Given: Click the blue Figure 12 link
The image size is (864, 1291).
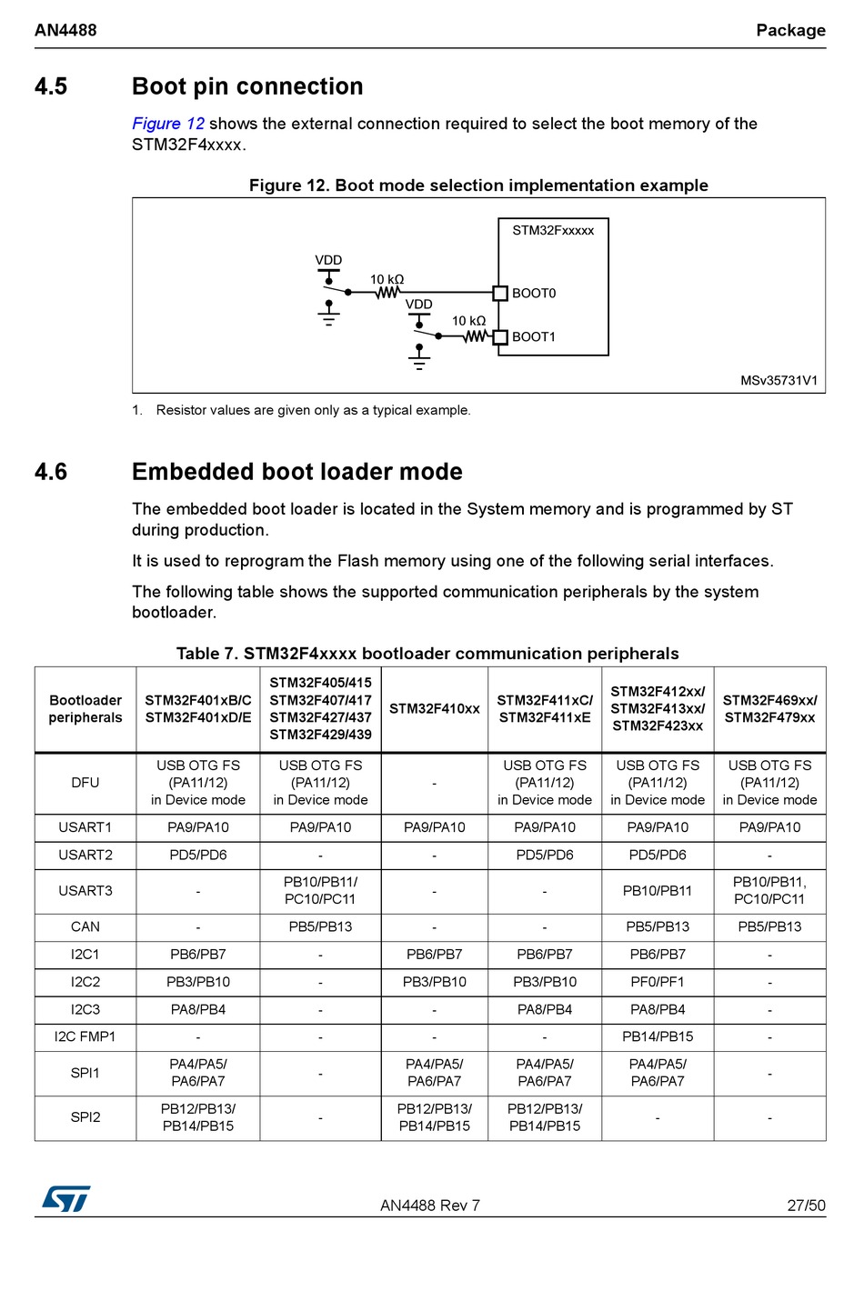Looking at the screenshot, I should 168,124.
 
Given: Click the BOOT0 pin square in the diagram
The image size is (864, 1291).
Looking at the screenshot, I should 499,293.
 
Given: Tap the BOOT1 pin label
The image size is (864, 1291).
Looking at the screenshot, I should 534,337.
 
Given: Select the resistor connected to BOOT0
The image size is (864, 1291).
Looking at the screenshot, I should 388,293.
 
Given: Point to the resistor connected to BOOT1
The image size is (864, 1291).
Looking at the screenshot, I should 475,336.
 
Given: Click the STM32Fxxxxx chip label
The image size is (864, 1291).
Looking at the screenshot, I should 553,231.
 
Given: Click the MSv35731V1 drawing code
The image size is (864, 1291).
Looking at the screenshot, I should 779,381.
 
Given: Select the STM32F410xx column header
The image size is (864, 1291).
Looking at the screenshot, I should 434,709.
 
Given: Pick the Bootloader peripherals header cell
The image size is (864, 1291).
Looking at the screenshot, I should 85,709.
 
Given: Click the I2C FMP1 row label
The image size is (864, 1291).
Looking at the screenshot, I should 85,1037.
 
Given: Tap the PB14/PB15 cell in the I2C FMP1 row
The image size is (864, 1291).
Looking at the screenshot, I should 658,1037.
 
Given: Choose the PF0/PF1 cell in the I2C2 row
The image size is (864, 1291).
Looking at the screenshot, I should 658,983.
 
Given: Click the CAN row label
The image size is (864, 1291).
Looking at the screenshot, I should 85,927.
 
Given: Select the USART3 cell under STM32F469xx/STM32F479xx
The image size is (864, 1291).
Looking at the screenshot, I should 769,891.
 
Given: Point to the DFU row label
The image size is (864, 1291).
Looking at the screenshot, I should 85,783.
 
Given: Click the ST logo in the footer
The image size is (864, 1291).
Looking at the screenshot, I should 66,1199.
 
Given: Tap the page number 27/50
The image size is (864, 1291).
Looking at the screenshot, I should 806,1206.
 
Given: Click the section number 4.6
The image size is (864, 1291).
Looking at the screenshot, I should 51,472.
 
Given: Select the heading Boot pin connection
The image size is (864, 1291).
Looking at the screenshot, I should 247,86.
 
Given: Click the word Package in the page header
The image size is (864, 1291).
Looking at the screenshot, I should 790,30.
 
